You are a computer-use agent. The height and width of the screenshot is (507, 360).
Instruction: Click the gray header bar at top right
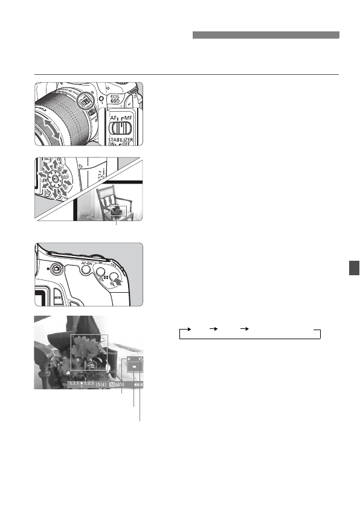(266, 35)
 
